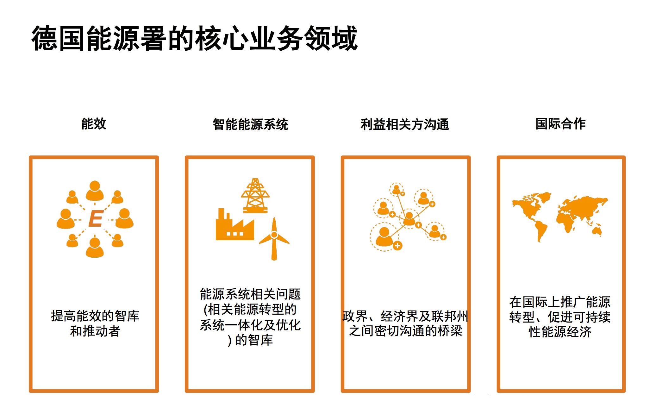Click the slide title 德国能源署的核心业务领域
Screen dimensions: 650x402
tap(195, 39)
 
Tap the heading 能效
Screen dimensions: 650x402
tap(94, 123)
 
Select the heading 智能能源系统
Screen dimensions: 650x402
tap(250, 124)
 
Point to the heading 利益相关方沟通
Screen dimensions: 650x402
tap(405, 124)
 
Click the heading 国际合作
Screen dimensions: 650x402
tap(560, 123)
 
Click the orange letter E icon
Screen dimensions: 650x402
tap(96, 219)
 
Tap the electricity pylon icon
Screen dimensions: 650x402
tap(255, 195)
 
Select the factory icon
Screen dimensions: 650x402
tap(235, 224)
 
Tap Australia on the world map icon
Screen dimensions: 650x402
tap(596, 230)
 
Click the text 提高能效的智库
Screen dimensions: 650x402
tap(95, 316)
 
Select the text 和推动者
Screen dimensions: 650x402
tap(95, 331)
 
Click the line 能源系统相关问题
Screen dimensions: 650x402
tap(250, 294)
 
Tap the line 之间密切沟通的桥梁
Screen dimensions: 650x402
tap(406, 331)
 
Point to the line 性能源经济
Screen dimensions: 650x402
tap(560, 332)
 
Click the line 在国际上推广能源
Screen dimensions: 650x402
tap(560, 302)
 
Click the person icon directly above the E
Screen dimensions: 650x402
tap(95, 191)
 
